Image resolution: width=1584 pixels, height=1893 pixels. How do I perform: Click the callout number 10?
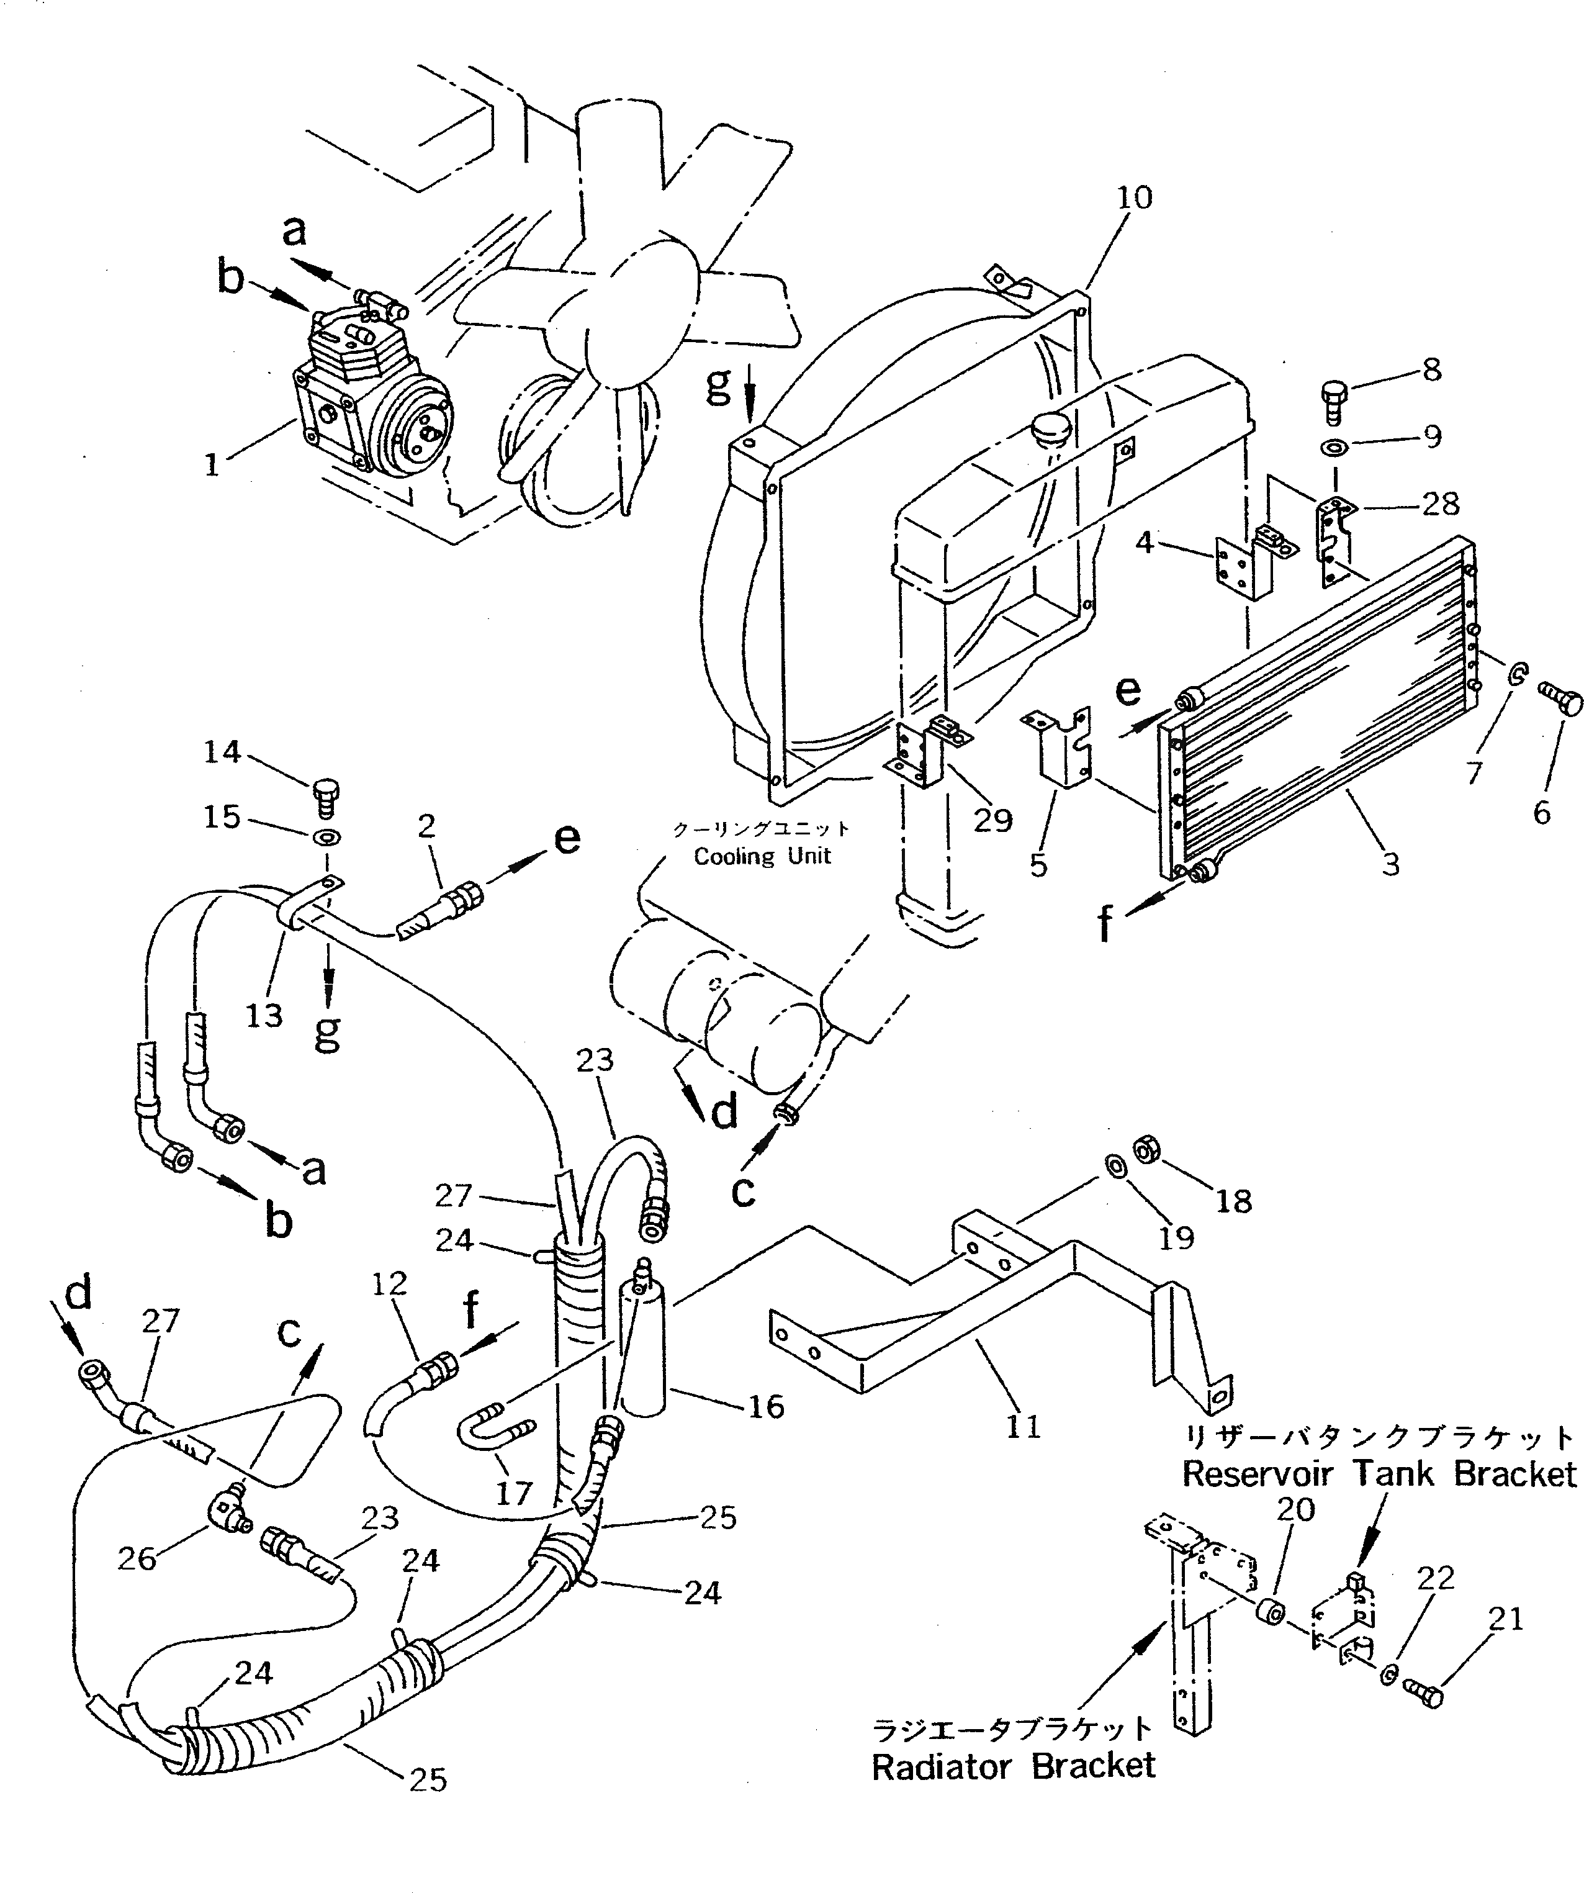coord(1135,197)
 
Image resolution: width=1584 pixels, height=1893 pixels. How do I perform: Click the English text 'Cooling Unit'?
coord(762,856)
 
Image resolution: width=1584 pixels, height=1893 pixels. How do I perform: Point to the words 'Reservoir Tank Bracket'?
coord(1379,1474)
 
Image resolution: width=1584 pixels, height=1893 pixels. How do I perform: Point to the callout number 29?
coord(993,820)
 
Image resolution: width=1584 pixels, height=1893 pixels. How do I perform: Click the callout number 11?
coord(1024,1427)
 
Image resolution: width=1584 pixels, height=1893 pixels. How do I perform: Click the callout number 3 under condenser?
coord(1390,864)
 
